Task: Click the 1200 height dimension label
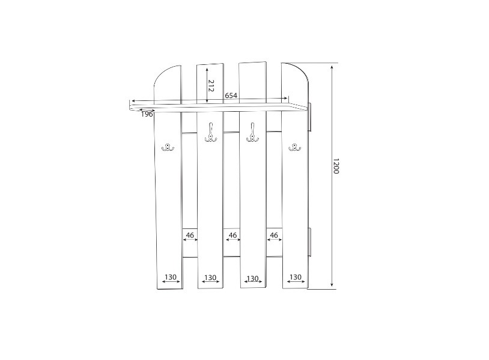[336, 166]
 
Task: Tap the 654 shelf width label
[231, 96]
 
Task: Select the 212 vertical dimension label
[211, 85]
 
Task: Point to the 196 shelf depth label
[147, 114]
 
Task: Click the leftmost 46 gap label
[190, 235]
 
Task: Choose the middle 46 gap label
[232, 235]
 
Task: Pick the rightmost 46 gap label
[274, 235]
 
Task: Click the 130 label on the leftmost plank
[171, 276]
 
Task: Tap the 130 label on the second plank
[210, 277]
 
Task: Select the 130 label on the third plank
[252, 278]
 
